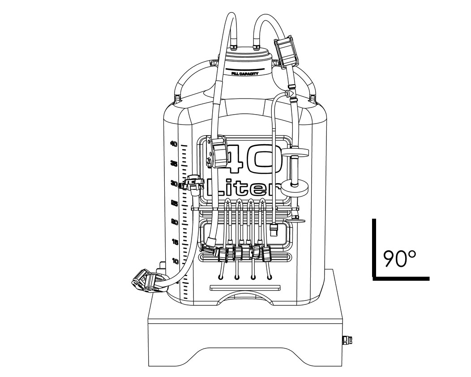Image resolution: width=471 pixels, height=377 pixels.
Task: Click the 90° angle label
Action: [399, 259]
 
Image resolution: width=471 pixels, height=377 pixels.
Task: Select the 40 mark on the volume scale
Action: [173, 144]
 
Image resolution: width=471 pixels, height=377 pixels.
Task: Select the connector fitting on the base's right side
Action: [347, 341]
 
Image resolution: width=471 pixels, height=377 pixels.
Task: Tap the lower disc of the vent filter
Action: [295, 186]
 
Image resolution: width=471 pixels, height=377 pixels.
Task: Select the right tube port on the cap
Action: [256, 46]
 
